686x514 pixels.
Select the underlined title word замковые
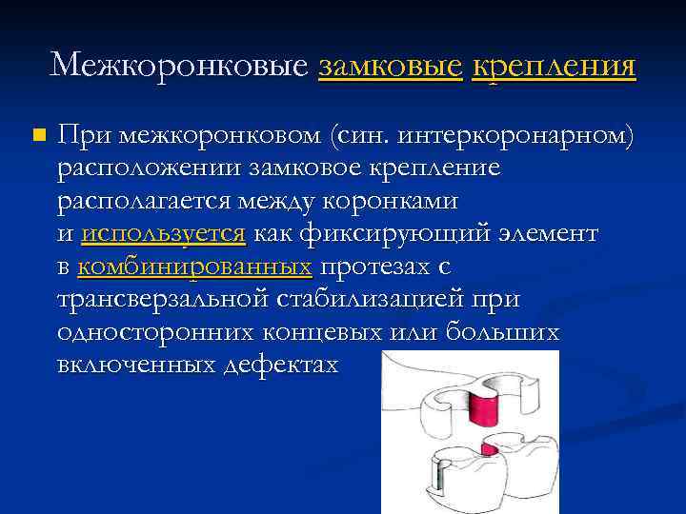coord(391,65)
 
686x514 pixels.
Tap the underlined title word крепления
coord(554,65)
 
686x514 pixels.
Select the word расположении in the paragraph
coord(152,168)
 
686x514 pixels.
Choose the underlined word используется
coord(164,235)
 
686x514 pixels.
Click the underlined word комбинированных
coord(195,268)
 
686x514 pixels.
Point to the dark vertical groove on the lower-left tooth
coord(439,482)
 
